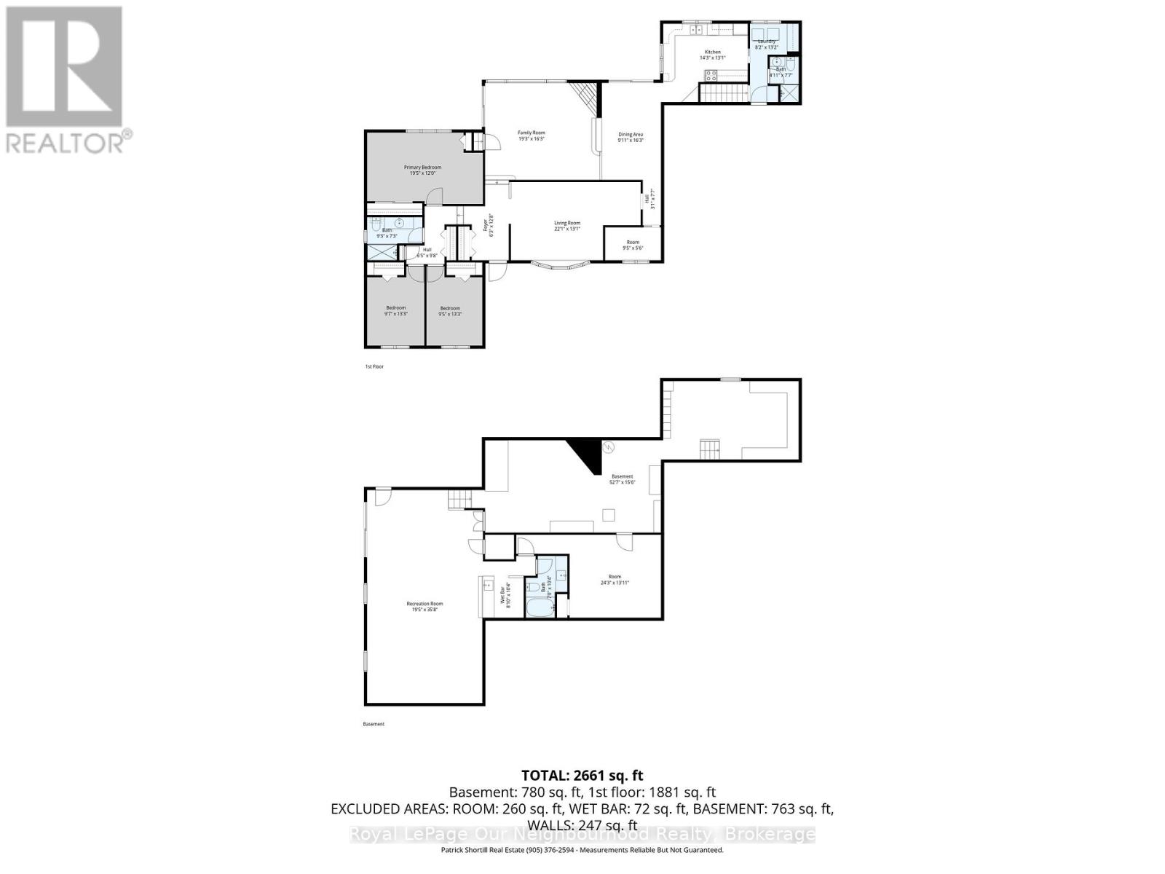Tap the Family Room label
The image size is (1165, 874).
point(531,135)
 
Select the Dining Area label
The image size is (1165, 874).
point(631,137)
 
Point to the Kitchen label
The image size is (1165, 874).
point(712,55)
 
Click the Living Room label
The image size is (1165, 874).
point(567,226)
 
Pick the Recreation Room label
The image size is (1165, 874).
point(424,606)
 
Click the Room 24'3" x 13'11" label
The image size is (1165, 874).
point(615,580)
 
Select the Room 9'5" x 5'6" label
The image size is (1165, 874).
point(633,245)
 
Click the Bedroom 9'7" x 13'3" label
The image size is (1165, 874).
point(395,310)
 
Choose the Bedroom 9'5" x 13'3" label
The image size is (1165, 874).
point(450,311)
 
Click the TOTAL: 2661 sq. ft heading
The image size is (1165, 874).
point(582,776)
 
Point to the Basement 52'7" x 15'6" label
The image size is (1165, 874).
point(622,479)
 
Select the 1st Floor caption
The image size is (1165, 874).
point(374,366)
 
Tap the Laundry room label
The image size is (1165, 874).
point(767,44)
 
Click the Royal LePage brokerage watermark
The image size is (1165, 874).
point(582,835)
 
